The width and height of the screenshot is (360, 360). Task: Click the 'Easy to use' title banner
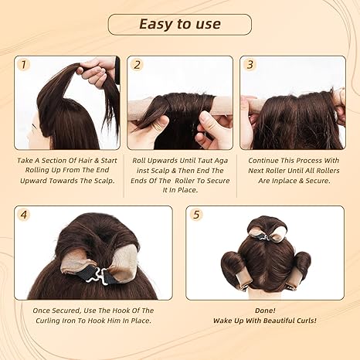click(x=179, y=24)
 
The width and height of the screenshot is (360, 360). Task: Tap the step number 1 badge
click(x=25, y=65)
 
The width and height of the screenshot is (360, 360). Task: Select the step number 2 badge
click(x=138, y=65)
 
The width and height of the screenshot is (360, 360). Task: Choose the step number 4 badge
click(x=25, y=216)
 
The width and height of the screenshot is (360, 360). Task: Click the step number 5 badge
click(x=198, y=216)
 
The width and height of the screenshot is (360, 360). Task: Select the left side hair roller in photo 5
click(x=232, y=267)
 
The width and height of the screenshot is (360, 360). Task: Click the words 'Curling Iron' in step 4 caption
click(x=83, y=321)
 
